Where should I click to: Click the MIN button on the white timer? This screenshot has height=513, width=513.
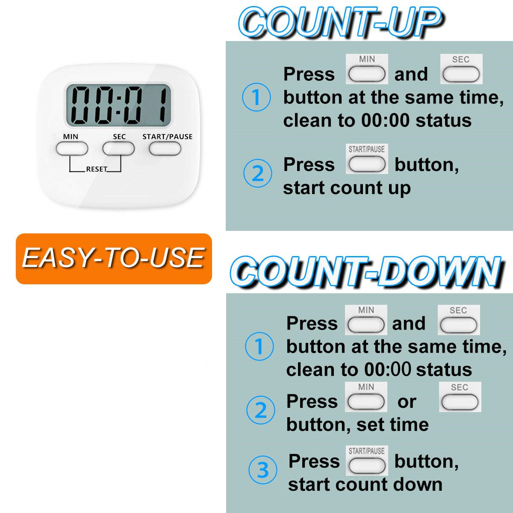coord(72,149)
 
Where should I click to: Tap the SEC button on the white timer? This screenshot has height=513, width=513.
coord(118,149)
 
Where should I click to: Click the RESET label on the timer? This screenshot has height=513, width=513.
coord(96,169)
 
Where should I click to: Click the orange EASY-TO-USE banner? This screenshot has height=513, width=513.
coord(114,259)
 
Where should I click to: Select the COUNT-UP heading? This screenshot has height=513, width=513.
coord(340,22)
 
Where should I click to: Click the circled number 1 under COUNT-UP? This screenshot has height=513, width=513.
coord(256,97)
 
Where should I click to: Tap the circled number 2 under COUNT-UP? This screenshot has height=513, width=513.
coord(257,174)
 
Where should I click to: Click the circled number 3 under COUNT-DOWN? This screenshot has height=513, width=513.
coord(262,470)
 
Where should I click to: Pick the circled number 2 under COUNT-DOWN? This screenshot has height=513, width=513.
coord(260,410)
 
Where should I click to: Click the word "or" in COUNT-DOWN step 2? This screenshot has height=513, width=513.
coord(407,402)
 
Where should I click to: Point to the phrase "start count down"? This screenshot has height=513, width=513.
coord(365,485)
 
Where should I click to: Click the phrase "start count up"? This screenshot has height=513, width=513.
coord(347,188)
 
